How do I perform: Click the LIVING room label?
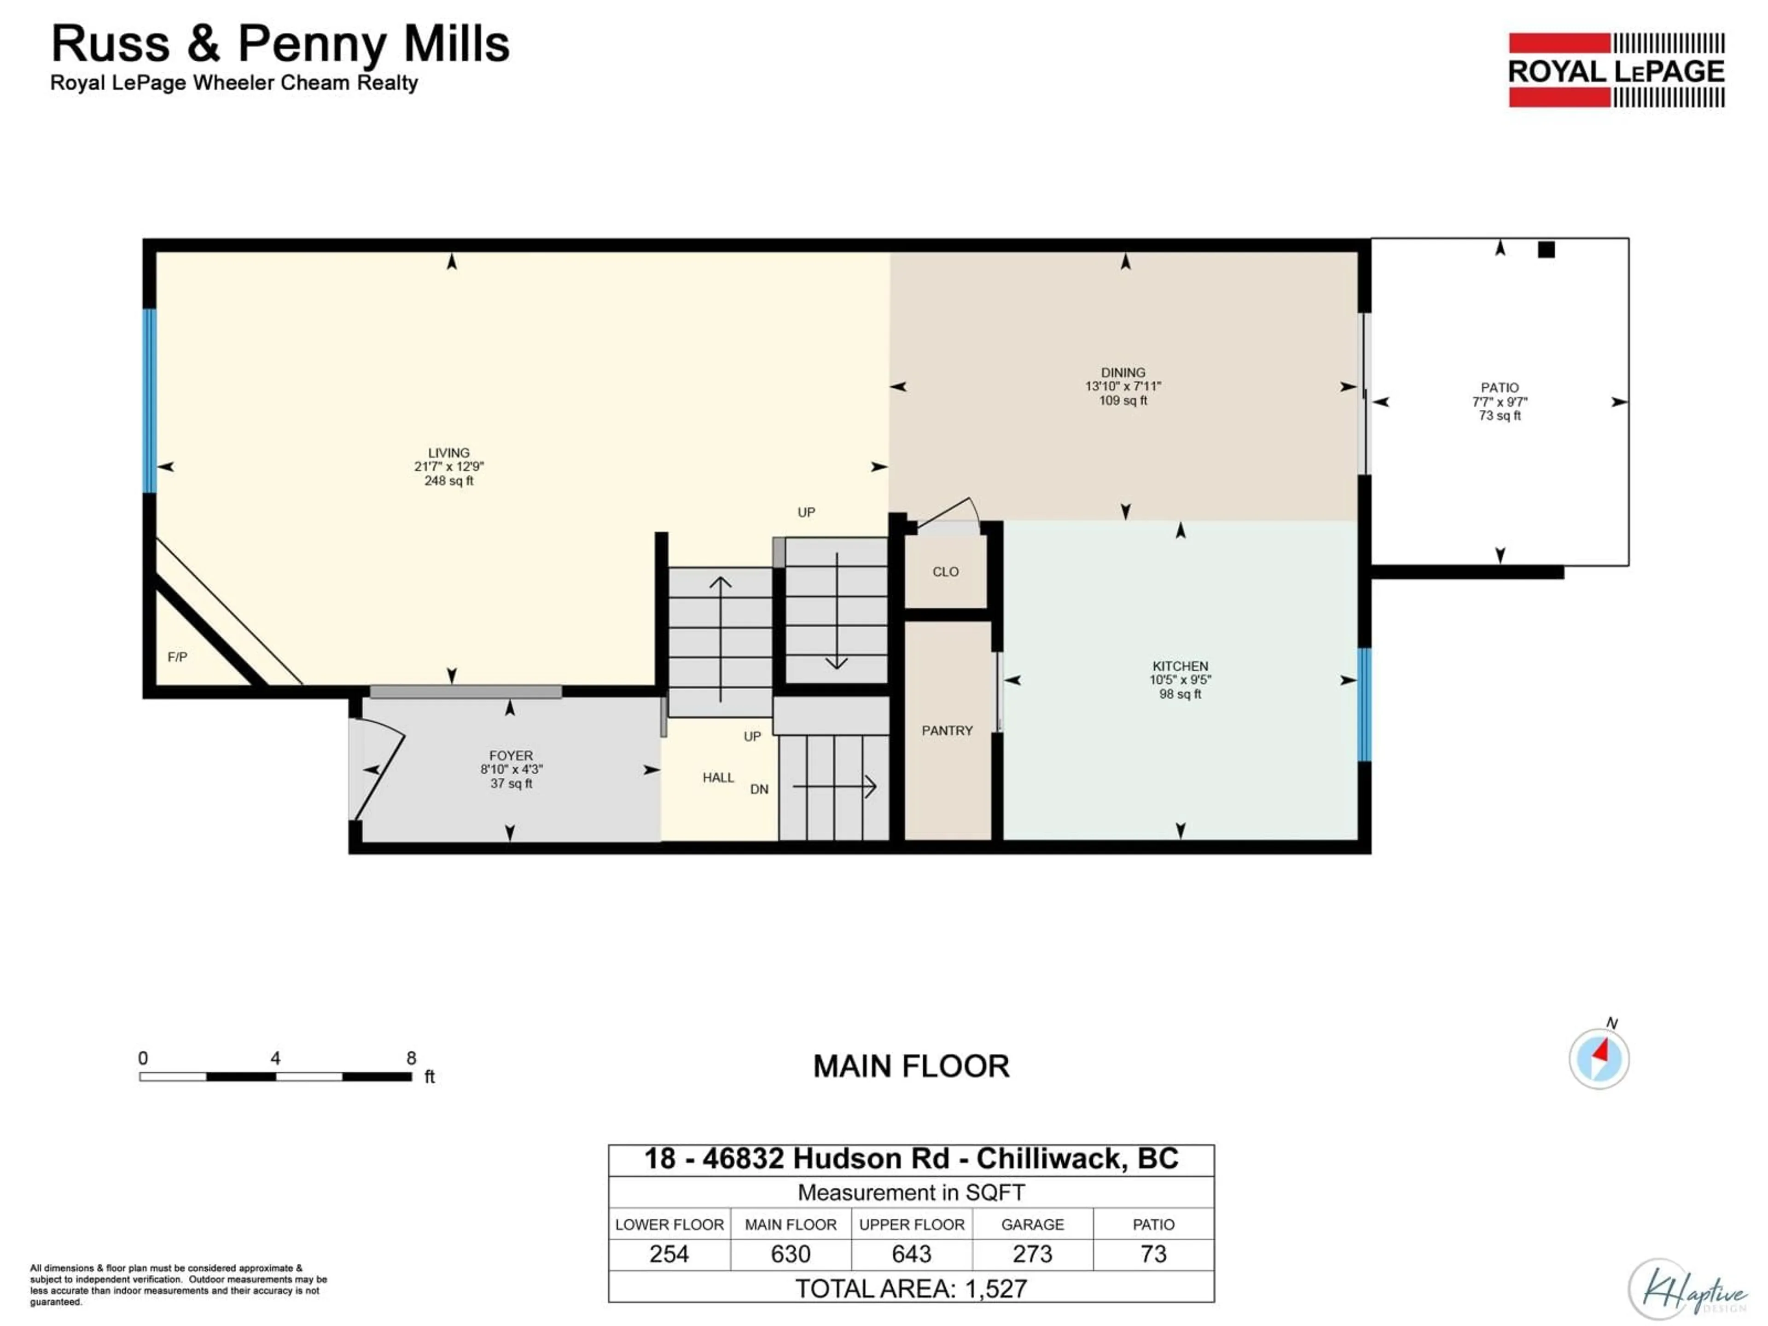point(448,453)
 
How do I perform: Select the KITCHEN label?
point(1180,666)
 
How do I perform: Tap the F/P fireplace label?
point(177,657)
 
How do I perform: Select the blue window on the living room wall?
point(150,401)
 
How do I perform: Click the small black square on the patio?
point(1546,250)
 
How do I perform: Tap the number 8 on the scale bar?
point(411,1058)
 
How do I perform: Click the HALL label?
point(718,778)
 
